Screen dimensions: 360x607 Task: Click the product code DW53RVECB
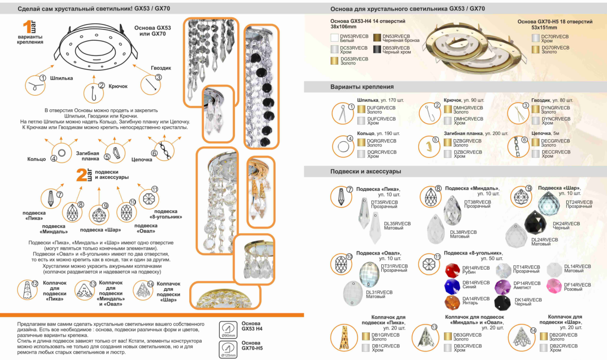tap(351, 36)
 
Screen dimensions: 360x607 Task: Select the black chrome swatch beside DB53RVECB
tap(377, 49)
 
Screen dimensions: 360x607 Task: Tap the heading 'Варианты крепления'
tap(362, 86)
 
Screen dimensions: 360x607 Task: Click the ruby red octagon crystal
tap(453, 270)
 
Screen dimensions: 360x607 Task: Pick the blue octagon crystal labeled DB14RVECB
tap(452, 285)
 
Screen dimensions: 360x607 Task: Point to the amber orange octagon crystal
tap(453, 302)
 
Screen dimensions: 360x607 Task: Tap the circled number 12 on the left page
tap(34, 283)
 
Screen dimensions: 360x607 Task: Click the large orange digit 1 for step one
tap(26, 29)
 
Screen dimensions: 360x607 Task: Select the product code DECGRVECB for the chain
tap(555, 140)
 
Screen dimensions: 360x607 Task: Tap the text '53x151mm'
tap(544, 27)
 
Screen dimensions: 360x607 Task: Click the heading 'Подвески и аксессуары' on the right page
tap(366, 171)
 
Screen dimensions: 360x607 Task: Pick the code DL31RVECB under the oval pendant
tap(379, 292)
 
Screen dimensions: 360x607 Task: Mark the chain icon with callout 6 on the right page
tap(515, 146)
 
